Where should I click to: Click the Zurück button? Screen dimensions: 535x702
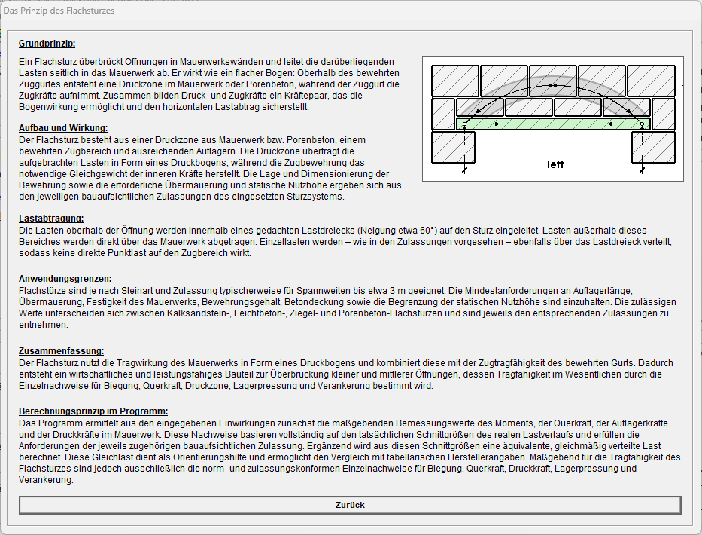(x=350, y=505)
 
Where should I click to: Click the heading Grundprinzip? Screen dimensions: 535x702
(x=47, y=44)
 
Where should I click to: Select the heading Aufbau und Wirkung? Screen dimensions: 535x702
(x=63, y=127)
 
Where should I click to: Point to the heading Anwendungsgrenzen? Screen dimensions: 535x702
(x=65, y=278)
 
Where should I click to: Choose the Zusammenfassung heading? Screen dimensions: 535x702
(x=61, y=351)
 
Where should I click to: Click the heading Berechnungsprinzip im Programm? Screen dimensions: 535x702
(x=93, y=411)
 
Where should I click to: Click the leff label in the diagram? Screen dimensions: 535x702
(x=555, y=164)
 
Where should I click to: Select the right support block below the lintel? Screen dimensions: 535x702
(x=653, y=147)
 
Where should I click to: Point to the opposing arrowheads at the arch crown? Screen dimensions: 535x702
(x=553, y=86)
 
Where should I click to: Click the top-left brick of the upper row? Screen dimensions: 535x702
(x=454, y=81)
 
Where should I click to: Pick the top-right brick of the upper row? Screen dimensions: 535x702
(x=651, y=81)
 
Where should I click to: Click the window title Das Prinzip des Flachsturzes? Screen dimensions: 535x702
(x=59, y=11)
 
